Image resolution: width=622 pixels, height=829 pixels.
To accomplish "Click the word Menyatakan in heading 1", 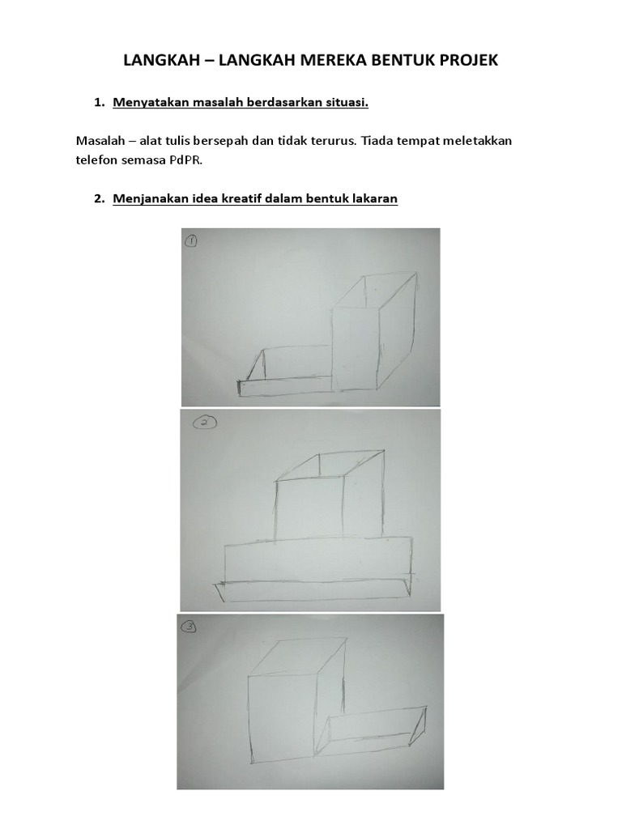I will point(145,103).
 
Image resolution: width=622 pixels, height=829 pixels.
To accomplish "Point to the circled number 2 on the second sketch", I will point(204,422).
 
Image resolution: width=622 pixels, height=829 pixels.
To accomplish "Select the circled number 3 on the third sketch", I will point(190,626).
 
